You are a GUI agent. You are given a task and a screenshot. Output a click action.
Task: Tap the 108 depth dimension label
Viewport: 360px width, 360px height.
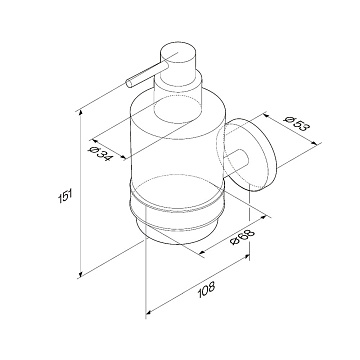tap(206, 290)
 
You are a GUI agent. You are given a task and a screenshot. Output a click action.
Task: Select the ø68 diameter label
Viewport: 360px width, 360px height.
tap(243, 237)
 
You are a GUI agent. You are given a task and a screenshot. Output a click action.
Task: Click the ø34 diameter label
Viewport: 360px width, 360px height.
tap(101, 154)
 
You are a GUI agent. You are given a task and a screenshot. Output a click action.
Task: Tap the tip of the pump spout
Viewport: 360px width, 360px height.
tap(130, 83)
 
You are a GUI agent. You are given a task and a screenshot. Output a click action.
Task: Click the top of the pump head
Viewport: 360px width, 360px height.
tap(179, 52)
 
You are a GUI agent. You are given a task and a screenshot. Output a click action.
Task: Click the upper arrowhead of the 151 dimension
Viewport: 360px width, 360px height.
tap(80, 114)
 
